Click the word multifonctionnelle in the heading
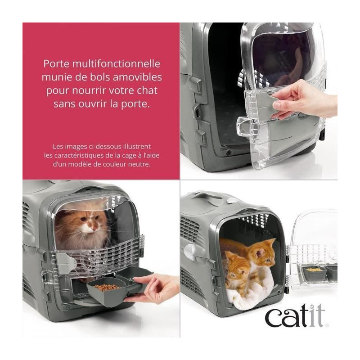116,63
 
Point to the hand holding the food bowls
152,289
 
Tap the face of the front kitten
237,271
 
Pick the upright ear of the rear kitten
271,243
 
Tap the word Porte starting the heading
57,63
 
